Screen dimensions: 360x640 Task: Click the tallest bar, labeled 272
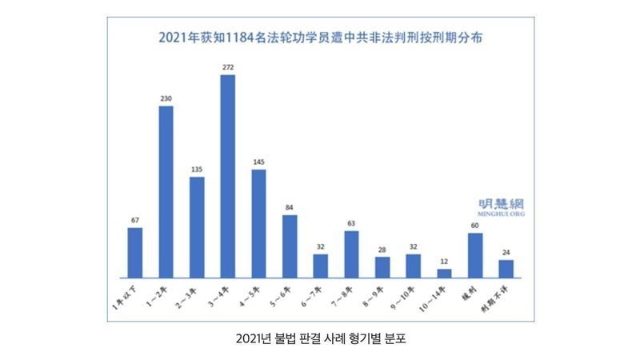click(x=227, y=176)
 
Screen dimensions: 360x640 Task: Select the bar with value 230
click(x=166, y=192)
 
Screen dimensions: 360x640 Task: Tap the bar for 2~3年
click(x=197, y=227)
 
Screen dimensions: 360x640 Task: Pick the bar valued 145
click(x=258, y=224)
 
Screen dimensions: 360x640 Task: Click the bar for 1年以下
click(x=134, y=253)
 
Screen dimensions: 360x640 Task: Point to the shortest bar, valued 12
click(x=444, y=273)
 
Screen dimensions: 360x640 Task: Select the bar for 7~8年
click(x=351, y=254)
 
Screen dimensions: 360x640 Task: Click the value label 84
click(x=290, y=207)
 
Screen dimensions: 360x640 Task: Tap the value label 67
click(x=134, y=220)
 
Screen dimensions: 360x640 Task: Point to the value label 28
click(x=382, y=249)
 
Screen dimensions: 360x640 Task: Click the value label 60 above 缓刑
click(x=475, y=226)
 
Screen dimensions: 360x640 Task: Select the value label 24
click(x=506, y=252)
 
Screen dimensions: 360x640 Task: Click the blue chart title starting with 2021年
click(x=320, y=38)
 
